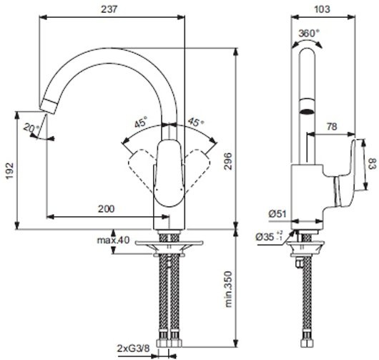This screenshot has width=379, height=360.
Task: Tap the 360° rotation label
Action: [307, 33]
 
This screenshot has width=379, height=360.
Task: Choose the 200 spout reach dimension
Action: [106, 208]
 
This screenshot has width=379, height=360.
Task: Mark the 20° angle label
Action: [29, 129]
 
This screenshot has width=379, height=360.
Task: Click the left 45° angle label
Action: [141, 122]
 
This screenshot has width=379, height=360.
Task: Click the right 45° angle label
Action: [195, 122]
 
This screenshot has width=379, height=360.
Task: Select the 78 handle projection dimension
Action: [332, 127]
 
